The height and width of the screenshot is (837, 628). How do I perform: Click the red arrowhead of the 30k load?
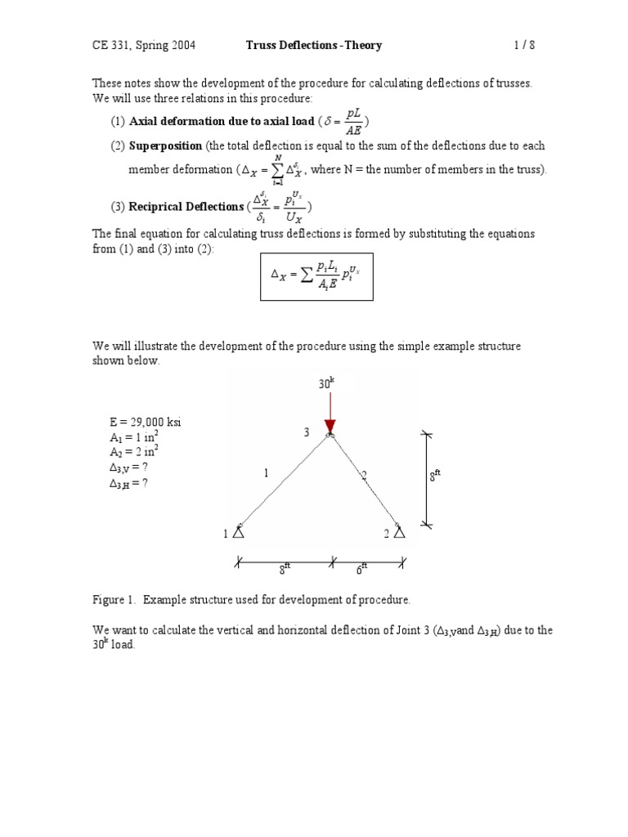(330, 427)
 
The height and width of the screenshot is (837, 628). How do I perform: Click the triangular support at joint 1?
(238, 532)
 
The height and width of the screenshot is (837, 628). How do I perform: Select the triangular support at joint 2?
(399, 532)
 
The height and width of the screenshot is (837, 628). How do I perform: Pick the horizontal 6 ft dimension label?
(362, 569)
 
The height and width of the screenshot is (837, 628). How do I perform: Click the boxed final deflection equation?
(316, 276)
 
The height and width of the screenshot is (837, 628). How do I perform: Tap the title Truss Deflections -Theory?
(314, 46)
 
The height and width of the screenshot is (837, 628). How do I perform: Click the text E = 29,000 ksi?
(145, 422)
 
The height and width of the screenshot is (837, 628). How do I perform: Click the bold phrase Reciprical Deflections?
(186, 206)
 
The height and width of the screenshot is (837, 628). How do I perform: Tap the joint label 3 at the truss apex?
(307, 432)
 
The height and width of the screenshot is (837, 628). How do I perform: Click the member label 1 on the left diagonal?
(265, 472)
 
